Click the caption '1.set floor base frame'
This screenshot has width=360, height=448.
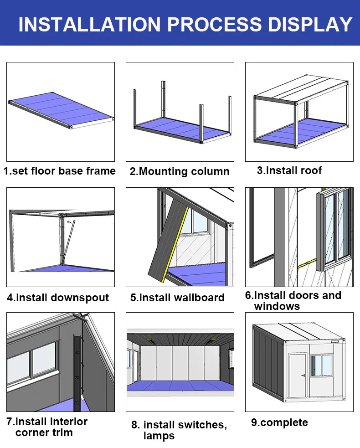(60, 171)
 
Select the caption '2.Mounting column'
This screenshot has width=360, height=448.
(180, 172)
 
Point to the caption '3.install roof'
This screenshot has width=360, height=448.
(289, 170)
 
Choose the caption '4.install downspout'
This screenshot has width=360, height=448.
(58, 298)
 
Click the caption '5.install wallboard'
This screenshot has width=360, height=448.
(177, 298)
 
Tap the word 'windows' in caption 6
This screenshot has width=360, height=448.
(277, 306)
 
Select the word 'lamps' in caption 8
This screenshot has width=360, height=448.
(159, 436)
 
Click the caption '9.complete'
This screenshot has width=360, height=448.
(279, 422)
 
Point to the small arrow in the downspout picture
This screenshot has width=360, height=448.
(70, 223)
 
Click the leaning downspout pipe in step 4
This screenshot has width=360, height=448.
(67, 244)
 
